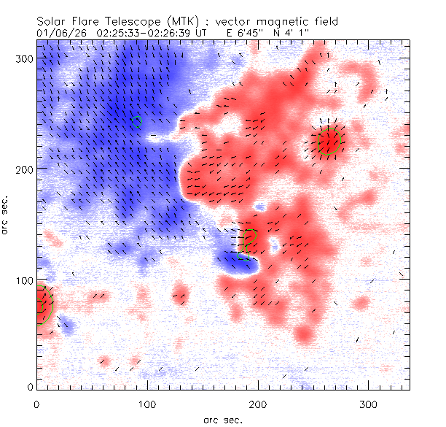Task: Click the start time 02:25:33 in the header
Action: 111,33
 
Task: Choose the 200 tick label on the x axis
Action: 257,404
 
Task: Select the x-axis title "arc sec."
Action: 222,419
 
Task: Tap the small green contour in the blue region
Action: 137,122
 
